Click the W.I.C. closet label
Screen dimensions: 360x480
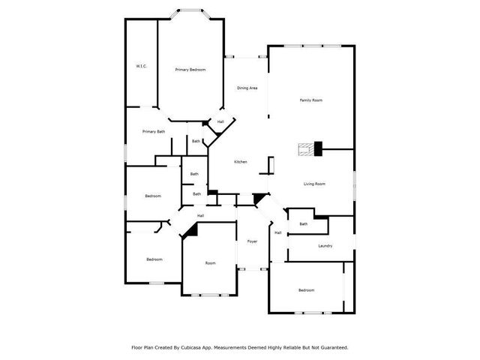(141, 67)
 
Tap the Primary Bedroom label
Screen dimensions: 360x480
(190, 70)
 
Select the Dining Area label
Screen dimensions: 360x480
(247, 88)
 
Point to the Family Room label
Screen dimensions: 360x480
(311, 100)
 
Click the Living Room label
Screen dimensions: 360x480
(314, 184)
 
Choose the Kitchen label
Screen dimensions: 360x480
(240, 162)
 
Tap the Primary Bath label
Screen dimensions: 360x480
(154, 132)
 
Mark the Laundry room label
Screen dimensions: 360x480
(325, 245)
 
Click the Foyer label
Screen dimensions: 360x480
(253, 241)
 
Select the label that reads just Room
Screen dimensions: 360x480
(210, 262)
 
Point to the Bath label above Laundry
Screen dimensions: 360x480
(304, 223)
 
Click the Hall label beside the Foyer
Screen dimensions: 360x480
(277, 232)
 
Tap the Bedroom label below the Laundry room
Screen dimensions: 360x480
(306, 289)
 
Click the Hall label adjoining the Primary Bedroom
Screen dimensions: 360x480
(220, 121)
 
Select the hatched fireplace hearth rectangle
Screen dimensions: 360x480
(306, 148)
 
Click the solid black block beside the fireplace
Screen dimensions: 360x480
(318, 148)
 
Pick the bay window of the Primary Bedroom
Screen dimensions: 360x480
(190, 13)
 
